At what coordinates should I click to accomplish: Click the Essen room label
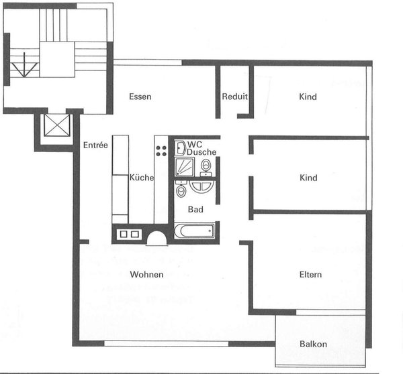[x=140, y=97]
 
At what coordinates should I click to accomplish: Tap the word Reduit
[x=234, y=97]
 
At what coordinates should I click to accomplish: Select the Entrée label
[x=96, y=145]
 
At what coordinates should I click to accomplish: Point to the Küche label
[x=142, y=178]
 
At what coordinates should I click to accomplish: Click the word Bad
[x=195, y=209]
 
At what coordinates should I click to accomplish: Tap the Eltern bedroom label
[x=310, y=274]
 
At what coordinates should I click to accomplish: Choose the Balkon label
[x=313, y=345]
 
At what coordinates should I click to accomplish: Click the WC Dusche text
[x=201, y=148]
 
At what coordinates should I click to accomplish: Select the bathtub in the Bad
[x=193, y=232]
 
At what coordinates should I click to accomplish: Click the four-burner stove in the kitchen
[x=161, y=147]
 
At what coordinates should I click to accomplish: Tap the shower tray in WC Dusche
[x=183, y=168]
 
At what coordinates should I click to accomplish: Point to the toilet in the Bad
[x=181, y=192]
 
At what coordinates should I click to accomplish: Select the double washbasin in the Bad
[x=201, y=186]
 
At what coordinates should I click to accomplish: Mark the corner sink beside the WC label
[x=181, y=147]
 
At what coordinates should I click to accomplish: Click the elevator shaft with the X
[x=54, y=126]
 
